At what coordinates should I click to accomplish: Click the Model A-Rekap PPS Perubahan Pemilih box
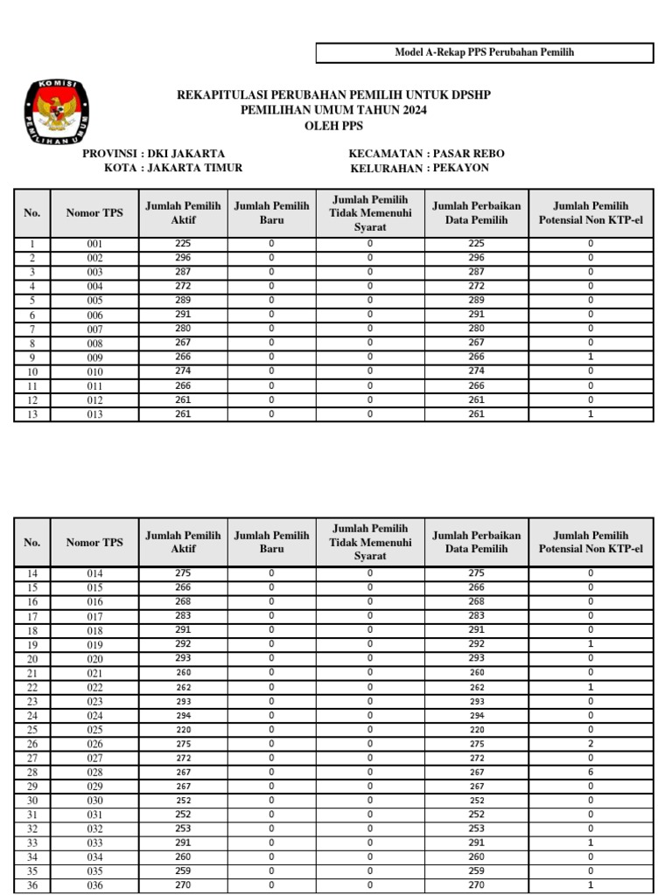pos(484,53)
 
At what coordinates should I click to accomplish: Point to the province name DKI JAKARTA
pos(186,153)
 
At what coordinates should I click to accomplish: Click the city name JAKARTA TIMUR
pos(194,168)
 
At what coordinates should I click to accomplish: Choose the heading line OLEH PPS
pos(333,125)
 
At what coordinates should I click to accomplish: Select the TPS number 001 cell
pos(94,245)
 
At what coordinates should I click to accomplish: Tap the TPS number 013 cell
pos(94,414)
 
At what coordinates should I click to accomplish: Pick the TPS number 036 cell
pos(94,885)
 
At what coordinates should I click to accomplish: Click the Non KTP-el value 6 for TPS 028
pos(591,772)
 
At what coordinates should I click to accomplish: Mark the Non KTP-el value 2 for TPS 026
pos(591,744)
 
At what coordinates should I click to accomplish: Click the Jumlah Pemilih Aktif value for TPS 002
pos(183,258)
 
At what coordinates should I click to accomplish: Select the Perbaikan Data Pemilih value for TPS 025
pos(476,729)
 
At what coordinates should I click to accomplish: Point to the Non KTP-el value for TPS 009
pos(591,357)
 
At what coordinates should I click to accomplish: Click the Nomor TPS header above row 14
pos(94,542)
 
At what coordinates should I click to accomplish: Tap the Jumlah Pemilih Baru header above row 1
pos(271,213)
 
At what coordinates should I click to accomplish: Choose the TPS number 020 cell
pos(94,658)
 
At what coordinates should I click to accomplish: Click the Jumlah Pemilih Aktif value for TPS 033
pos(183,843)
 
